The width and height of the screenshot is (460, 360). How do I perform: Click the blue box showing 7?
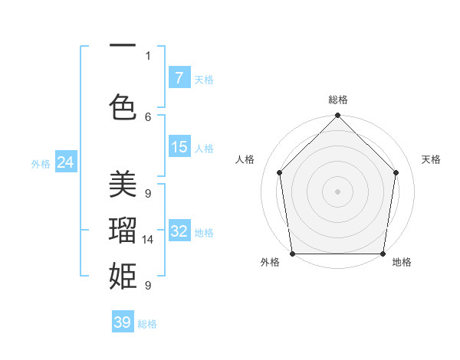[179, 77]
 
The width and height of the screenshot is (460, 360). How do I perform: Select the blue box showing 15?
[179, 146]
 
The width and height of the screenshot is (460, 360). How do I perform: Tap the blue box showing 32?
[179, 231]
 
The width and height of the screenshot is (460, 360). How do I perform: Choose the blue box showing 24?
[65, 162]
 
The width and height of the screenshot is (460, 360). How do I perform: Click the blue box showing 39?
[122, 322]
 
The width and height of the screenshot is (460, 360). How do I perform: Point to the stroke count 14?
[148, 240]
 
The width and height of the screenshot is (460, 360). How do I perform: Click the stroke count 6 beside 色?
[148, 116]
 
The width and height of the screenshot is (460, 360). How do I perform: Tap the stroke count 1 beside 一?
[148, 55]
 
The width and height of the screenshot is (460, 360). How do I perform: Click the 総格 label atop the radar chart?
[338, 100]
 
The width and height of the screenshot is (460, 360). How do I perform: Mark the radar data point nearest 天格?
[396, 172]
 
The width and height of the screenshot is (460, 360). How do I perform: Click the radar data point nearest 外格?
[292, 254]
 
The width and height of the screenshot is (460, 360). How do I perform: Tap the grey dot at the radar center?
[338, 191]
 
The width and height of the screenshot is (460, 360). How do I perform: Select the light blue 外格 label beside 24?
[41, 163]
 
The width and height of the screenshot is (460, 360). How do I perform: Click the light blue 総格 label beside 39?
[147, 324]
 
